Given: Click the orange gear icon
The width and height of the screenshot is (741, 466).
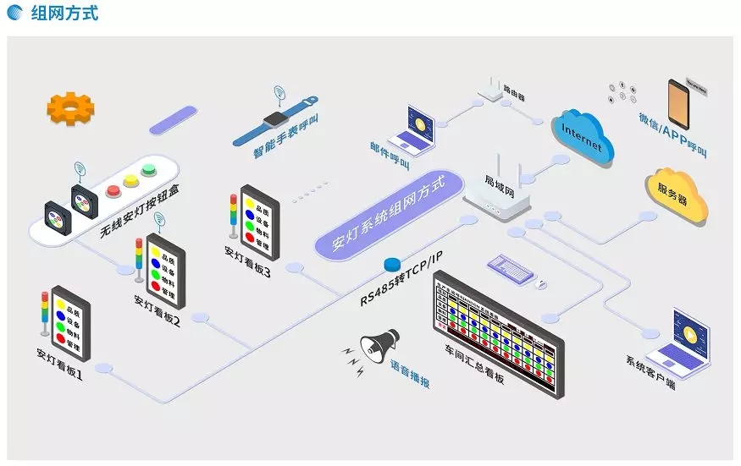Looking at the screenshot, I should click(x=71, y=108).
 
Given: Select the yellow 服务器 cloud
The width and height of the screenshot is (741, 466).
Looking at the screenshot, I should click(x=677, y=195).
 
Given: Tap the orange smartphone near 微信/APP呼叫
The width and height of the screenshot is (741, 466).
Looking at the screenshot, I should click(x=679, y=105).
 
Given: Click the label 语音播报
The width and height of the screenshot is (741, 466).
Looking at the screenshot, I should click(x=410, y=374).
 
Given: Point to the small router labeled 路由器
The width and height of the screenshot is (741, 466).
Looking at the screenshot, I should click(x=490, y=87).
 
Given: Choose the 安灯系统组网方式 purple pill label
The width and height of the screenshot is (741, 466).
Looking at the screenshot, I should click(x=390, y=213).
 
